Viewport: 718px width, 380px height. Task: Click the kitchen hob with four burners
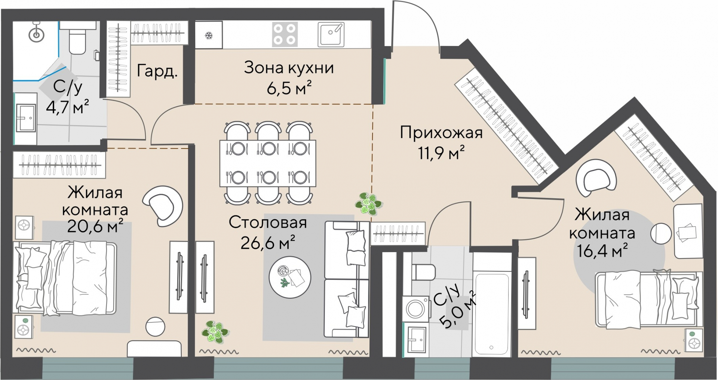click(285, 34)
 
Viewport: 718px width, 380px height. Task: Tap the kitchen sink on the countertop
click(331, 34)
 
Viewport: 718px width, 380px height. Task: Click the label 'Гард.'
click(157, 71)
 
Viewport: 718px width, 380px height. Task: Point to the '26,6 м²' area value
click(268, 242)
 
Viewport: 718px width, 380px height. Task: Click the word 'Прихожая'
click(441, 133)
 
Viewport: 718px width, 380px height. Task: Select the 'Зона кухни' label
click(289, 68)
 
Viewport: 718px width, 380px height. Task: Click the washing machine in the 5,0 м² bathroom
click(415, 309)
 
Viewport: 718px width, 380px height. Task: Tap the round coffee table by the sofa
click(290, 277)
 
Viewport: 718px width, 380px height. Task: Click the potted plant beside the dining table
click(368, 204)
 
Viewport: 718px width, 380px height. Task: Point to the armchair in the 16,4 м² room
click(596, 178)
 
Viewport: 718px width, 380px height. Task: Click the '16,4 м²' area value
click(602, 251)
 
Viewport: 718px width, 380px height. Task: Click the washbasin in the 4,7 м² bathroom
click(26, 118)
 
